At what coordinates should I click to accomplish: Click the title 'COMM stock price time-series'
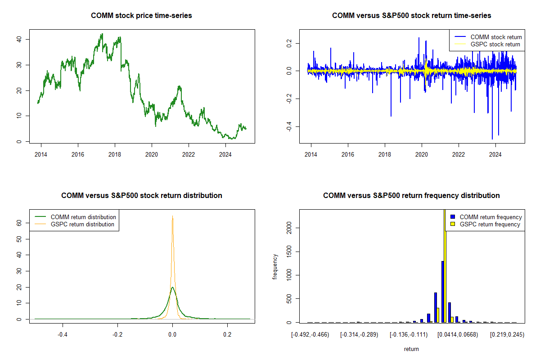pyautogui.click(x=141, y=16)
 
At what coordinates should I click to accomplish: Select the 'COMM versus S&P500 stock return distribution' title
pyautogui.click(x=141, y=196)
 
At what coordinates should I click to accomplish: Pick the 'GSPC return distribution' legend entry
pyautogui.click(x=82, y=224)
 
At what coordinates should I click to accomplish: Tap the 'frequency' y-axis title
pyautogui.click(x=275, y=267)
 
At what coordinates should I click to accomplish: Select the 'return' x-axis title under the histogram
pyautogui.click(x=411, y=349)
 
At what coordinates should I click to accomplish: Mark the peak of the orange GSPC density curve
pyautogui.click(x=172, y=216)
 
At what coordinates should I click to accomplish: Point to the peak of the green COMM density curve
pyautogui.click(x=172, y=287)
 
